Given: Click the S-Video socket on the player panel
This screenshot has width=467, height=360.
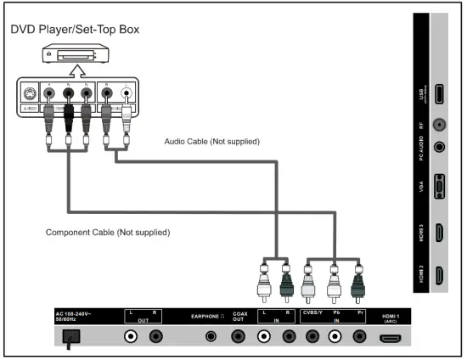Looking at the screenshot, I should point(30,95).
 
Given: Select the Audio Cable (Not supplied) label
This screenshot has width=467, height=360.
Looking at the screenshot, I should point(211,141).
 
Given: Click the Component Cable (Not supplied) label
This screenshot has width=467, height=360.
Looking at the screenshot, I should point(107,232).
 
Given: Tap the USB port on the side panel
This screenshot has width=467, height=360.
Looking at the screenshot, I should point(439,96).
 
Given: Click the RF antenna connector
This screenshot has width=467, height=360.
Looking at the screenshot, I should point(439,124).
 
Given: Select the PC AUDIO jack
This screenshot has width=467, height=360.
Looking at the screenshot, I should point(439,144).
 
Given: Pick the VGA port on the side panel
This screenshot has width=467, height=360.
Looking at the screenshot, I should point(439,186).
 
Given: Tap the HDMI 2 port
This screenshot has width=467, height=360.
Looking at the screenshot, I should point(439,274).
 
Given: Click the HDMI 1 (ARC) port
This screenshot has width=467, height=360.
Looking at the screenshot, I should point(390,336).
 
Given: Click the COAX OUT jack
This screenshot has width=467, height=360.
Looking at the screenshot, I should point(240,336).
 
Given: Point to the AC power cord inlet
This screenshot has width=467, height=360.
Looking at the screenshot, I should point(72,336).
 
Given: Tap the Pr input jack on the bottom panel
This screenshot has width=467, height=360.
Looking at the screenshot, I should point(359,336).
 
